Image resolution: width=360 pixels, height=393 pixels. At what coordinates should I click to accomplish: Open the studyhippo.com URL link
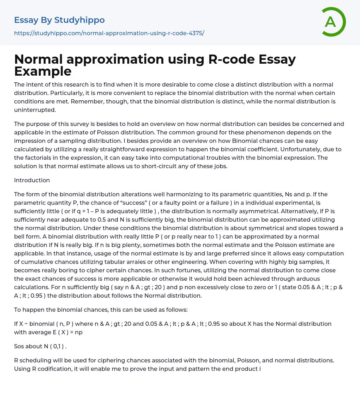coord(109,33)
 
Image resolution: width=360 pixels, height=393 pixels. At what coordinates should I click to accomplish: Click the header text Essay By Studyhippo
coord(59,20)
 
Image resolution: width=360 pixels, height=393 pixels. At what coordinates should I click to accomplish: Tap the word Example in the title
coord(43,71)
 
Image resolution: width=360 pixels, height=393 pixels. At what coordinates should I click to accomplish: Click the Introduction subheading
coord(32,180)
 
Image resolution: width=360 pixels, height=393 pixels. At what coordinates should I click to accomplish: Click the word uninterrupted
coord(34,110)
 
